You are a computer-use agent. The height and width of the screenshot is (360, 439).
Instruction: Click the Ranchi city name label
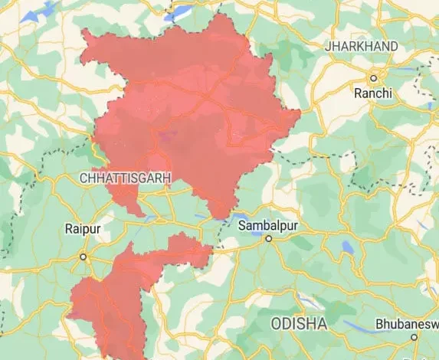(x=373, y=93)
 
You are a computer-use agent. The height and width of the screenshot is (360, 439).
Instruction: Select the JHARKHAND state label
(x=362, y=47)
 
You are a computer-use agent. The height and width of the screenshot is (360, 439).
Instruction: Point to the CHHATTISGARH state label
(x=124, y=178)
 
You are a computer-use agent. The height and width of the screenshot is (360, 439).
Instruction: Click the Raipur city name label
(x=83, y=228)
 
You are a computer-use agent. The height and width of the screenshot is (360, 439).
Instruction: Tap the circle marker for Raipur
(x=84, y=257)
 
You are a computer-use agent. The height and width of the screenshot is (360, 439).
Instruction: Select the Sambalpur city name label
(x=269, y=226)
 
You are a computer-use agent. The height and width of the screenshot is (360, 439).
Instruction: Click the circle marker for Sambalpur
(x=269, y=239)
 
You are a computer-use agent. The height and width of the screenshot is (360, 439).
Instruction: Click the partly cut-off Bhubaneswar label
(x=407, y=324)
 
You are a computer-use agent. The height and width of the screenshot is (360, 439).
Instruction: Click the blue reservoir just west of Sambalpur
(x=230, y=218)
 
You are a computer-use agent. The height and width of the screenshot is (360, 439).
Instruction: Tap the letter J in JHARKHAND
(x=328, y=47)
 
